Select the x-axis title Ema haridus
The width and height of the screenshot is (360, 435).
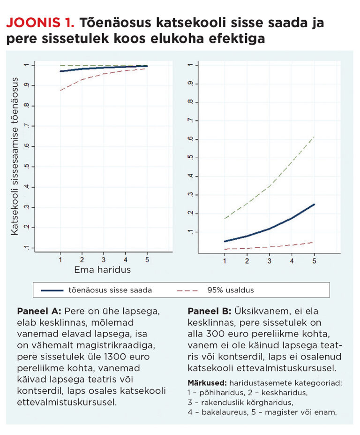coord(102,270)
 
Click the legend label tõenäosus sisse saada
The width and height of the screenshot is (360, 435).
coord(110,290)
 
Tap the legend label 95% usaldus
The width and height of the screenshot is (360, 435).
coord(230,290)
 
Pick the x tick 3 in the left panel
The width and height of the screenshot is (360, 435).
coord(103,259)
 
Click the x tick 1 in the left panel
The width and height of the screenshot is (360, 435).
coord(60,259)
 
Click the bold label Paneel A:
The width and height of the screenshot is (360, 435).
coord(39,311)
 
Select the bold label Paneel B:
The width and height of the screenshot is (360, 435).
coord(209,311)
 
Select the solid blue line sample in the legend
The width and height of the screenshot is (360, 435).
coord(59,290)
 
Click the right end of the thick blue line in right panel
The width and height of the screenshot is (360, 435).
coord(314,204)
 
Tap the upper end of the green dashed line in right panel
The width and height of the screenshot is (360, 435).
coord(314,137)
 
